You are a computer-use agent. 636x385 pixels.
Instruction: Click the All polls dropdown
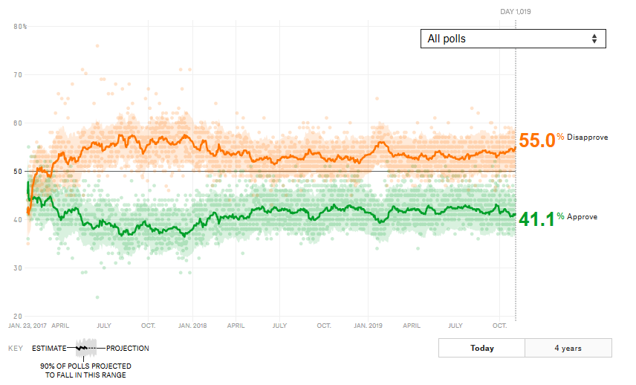point(513,39)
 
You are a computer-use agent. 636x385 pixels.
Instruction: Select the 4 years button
point(568,348)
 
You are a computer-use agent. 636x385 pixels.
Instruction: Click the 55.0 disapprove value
point(536,140)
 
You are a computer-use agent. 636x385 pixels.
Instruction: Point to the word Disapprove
point(587,138)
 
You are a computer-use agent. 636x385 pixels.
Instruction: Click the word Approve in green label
point(582,216)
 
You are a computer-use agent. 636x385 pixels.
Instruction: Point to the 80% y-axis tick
point(20,27)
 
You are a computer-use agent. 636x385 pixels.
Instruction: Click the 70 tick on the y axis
point(19,75)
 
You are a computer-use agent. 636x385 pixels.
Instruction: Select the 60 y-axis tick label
point(19,123)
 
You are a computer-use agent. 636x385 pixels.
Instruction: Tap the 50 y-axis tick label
point(19,172)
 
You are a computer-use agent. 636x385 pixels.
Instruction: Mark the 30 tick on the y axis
point(19,268)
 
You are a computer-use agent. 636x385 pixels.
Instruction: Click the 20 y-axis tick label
point(19,316)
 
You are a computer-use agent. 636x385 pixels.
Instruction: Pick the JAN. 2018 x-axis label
point(191,326)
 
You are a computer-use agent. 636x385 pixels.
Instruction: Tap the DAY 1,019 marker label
point(515,12)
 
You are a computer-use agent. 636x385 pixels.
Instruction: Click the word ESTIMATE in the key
point(48,348)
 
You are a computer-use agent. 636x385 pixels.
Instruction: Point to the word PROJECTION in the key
point(128,348)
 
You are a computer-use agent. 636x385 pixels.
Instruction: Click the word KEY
point(15,348)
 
